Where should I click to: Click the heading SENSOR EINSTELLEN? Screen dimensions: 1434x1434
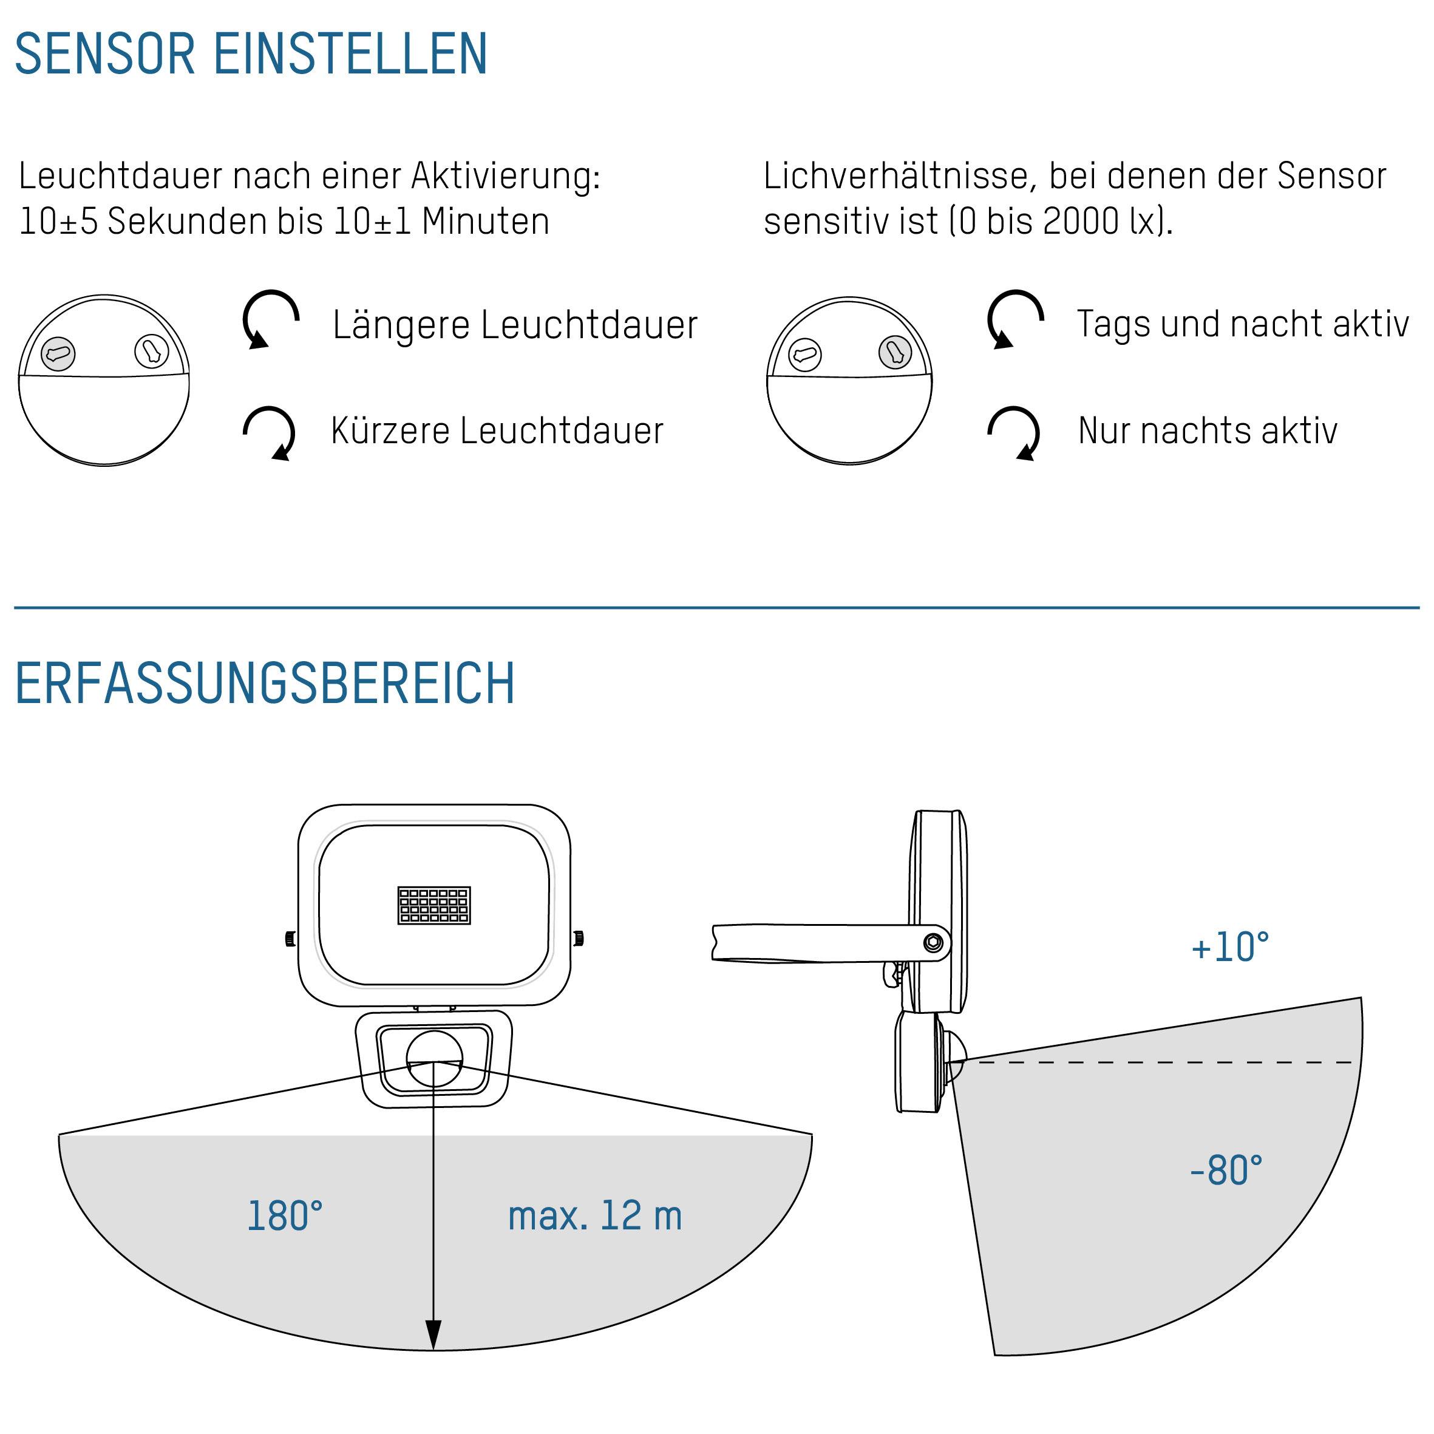251,53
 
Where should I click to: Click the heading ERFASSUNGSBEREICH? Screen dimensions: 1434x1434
265,683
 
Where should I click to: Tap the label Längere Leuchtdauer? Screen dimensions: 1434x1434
515,324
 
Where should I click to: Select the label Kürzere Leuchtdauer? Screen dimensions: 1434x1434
497,430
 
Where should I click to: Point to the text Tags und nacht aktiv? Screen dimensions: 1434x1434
1243,324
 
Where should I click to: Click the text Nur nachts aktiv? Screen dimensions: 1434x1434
1208,430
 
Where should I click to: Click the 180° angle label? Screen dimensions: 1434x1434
284,1216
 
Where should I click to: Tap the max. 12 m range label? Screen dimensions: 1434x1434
594,1216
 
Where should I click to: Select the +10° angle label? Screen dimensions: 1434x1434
1230,947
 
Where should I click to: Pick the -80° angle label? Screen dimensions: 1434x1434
1226,1171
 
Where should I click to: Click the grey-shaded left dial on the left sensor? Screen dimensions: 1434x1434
58,353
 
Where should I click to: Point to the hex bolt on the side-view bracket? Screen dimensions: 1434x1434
934,943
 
